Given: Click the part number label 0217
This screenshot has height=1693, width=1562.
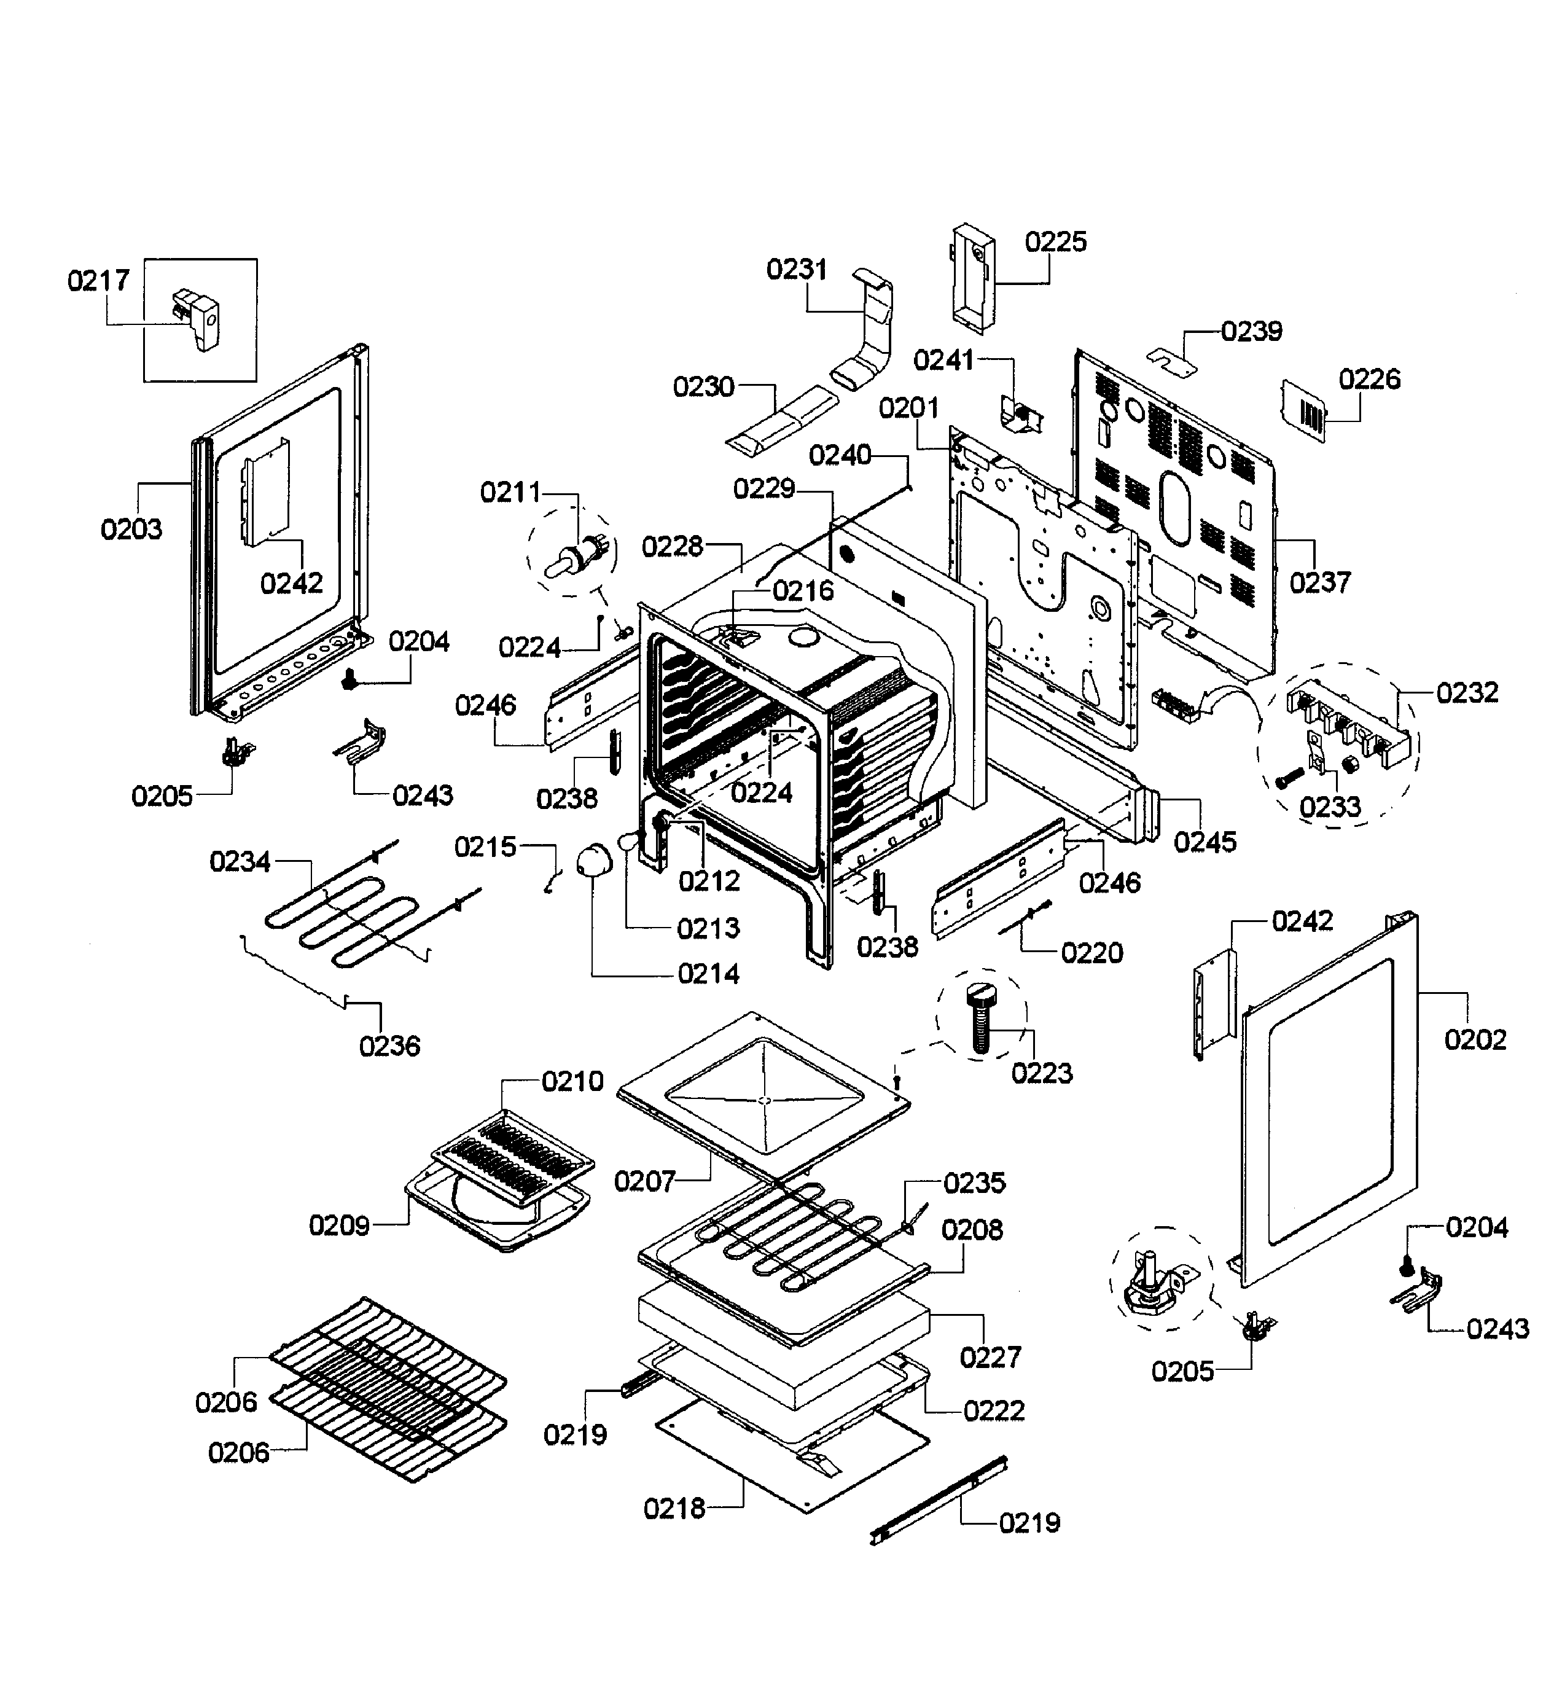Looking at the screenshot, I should click(98, 281).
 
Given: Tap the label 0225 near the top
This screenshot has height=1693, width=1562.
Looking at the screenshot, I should click(1056, 243).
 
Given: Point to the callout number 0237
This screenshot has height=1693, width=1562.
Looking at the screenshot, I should click(1319, 582).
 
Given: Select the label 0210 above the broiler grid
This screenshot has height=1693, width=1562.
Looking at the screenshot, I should click(572, 1081).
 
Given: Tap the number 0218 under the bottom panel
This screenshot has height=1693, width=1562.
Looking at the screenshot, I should click(674, 1509).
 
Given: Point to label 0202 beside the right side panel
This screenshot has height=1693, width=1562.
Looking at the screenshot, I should click(1475, 1039).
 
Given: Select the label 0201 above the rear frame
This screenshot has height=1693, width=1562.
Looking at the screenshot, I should click(908, 409).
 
